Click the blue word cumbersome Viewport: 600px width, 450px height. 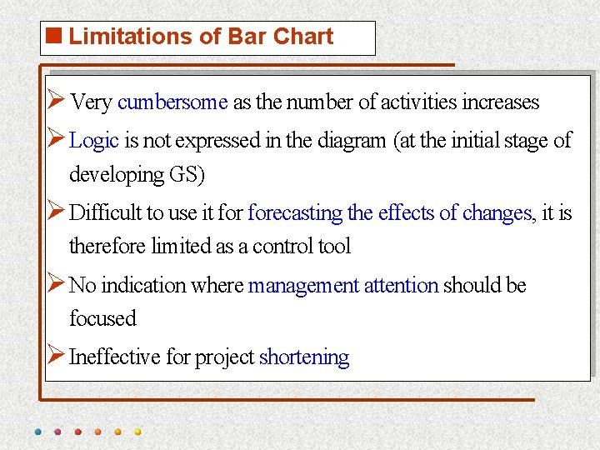coord(172,102)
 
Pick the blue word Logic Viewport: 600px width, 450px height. coord(94,141)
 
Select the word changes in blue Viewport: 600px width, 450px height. coord(496,213)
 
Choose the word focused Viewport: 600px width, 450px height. coord(102,318)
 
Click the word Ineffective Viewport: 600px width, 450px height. coord(115,357)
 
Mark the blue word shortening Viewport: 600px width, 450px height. coord(304,357)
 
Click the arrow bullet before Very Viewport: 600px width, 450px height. coord(56,102)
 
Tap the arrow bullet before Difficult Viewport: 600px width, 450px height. coord(56,212)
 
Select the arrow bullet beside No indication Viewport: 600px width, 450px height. coord(56,285)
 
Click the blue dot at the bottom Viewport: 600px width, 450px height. coord(38,432)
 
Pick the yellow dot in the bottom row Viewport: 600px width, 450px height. coord(138,432)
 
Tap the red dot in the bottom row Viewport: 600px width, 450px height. coord(78,432)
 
